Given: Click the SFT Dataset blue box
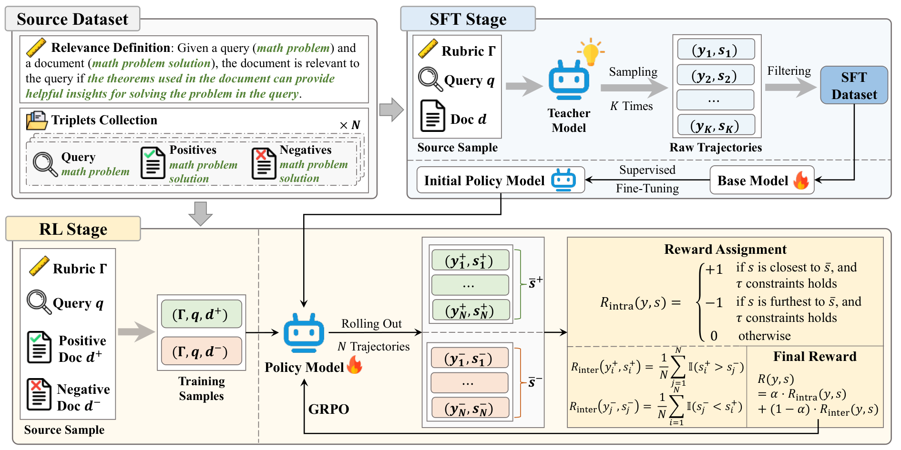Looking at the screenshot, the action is click(x=854, y=85).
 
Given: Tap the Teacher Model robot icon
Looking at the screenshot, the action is click(x=569, y=80).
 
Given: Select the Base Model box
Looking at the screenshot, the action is click(x=762, y=180).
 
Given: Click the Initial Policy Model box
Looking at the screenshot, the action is click(x=501, y=180).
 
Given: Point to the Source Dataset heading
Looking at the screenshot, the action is click(x=72, y=19).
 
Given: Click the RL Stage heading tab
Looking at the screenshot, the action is click(x=73, y=229).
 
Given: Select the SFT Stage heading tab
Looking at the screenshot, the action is click(x=468, y=19).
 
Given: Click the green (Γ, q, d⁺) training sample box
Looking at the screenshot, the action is click(x=201, y=314).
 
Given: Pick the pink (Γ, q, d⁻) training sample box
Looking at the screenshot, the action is click(x=201, y=351).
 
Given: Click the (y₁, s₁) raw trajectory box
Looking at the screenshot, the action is click(x=716, y=49).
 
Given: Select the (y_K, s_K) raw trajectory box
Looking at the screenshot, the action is click(x=716, y=125).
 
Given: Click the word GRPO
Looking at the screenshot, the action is click(x=328, y=409).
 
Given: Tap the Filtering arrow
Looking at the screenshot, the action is click(x=790, y=87).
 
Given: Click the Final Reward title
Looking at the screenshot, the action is click(x=815, y=356).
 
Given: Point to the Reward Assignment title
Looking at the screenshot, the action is click(x=725, y=249).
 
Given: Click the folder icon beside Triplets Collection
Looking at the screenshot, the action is click(x=37, y=120).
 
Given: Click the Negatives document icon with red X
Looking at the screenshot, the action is click(x=264, y=163).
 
